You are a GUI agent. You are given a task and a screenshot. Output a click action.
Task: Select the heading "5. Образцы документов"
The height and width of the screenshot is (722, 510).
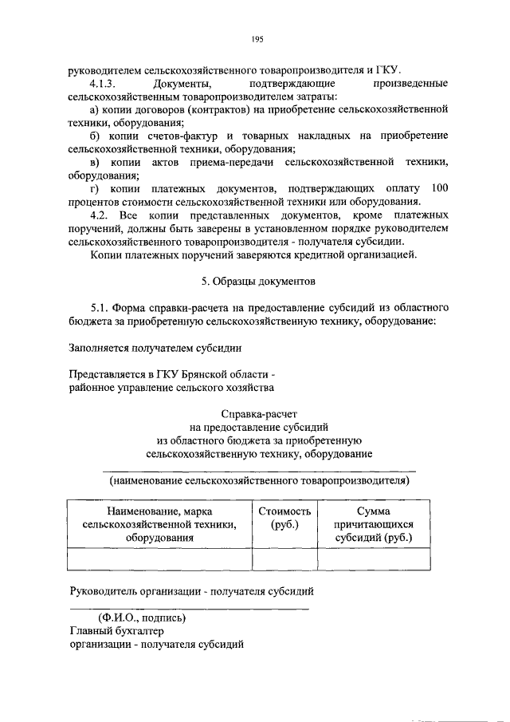[257, 282]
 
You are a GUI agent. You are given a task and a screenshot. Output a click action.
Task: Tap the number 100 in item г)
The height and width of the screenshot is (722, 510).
[439, 188]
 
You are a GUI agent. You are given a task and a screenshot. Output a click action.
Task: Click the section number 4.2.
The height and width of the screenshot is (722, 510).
[100, 215]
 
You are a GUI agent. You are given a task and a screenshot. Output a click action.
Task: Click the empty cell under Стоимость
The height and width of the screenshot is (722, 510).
[284, 560]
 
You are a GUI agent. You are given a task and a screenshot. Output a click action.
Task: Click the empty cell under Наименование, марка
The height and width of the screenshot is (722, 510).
[159, 560]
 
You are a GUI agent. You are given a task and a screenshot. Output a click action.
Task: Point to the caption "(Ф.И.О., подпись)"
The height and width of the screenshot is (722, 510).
[142, 618]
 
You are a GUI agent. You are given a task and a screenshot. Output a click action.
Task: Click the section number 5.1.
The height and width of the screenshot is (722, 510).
[100, 307]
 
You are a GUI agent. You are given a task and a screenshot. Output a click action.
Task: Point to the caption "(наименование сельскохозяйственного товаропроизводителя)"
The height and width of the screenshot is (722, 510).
[260, 481]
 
